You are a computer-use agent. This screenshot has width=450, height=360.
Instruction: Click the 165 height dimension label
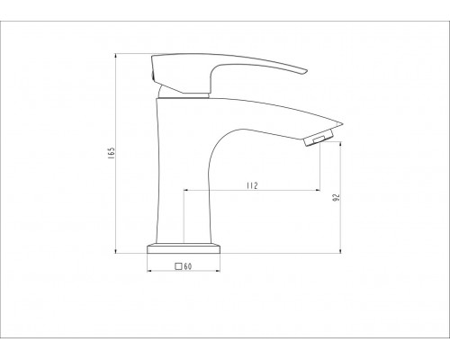pos(112,153)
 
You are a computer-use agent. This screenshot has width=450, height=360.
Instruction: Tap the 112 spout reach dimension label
pos(252,185)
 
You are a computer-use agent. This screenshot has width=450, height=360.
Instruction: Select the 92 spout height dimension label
pos(337,197)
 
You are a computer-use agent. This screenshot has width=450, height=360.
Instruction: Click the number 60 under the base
pos(188,266)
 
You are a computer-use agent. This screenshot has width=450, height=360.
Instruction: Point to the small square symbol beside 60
pos(178,266)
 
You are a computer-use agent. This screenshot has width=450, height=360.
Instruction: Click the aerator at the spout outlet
pos(319,138)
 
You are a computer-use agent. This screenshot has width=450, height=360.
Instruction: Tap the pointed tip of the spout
pos(342,123)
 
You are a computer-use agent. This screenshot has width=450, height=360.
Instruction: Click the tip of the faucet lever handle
pos(306,71)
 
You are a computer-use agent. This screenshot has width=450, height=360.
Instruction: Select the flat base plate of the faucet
pos(184,248)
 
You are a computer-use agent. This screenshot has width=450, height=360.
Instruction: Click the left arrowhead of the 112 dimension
pos(185,190)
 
